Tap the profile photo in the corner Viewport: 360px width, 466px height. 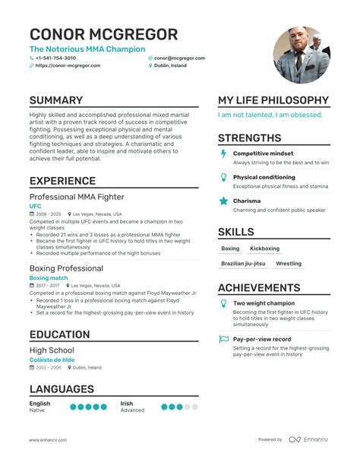pyautogui.click(x=302, y=55)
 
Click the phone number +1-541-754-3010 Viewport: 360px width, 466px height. pyautogui.click(x=55, y=58)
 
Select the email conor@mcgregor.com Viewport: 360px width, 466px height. pyautogui.click(x=178, y=58)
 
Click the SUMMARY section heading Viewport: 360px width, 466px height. pyautogui.click(x=56, y=100)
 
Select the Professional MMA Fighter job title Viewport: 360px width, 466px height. pyautogui.click(x=76, y=197)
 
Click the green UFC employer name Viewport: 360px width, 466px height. pyautogui.click(x=36, y=206)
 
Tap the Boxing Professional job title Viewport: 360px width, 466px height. pyautogui.click(x=67, y=268)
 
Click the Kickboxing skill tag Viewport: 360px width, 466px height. pyautogui.click(x=264, y=249)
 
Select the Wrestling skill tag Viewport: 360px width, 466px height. pyautogui.click(x=289, y=264)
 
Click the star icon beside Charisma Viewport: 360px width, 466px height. pyautogui.click(x=223, y=201)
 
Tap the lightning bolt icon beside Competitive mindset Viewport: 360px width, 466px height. pyautogui.click(x=223, y=154)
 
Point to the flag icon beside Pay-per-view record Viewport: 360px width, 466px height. pyautogui.click(x=223, y=339)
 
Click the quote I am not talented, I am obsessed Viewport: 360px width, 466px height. pyautogui.click(x=270, y=116)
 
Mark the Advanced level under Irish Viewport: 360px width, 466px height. pyautogui.click(x=132, y=411)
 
